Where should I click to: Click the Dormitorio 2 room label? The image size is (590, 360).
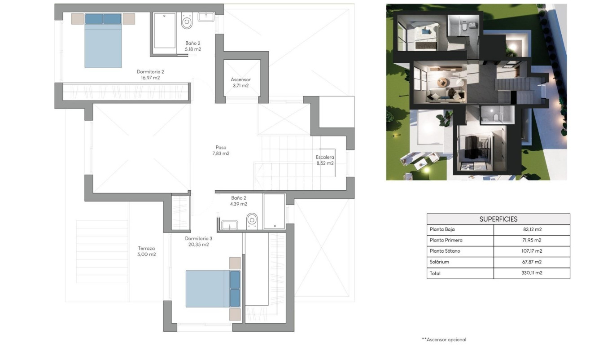point(150,75)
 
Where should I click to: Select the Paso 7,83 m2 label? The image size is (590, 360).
point(220,150)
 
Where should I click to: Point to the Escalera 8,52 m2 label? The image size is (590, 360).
point(324,160)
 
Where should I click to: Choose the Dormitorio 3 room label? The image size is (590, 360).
point(197,241)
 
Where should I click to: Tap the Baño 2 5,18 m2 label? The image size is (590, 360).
point(193,46)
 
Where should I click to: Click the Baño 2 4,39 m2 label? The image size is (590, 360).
point(239,201)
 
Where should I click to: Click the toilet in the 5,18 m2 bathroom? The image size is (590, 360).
point(187,21)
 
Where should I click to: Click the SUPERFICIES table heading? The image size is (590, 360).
point(498,219)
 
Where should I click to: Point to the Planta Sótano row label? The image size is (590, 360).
point(446,251)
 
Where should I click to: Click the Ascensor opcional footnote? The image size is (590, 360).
point(444,340)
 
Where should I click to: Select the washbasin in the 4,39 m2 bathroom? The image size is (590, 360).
point(230,224)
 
